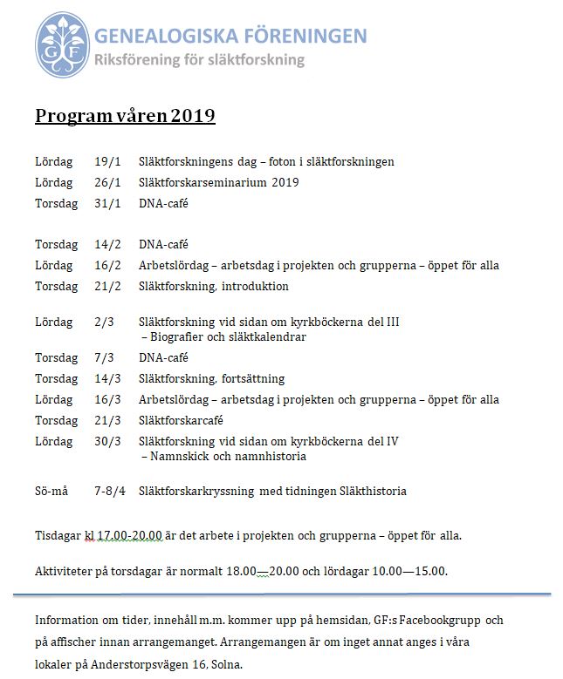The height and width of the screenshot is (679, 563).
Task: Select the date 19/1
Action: [106, 161]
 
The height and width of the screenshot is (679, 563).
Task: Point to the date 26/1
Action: [106, 182]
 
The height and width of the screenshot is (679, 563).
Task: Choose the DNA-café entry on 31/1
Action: [163, 203]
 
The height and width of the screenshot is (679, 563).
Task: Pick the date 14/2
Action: [106, 245]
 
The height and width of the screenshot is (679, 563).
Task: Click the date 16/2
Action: [106, 266]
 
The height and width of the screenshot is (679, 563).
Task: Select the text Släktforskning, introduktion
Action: [213, 286]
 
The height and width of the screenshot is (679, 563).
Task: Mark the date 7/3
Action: [104, 357]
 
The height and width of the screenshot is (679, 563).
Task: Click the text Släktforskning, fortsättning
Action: [211, 378]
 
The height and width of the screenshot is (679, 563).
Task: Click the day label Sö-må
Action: [51, 491]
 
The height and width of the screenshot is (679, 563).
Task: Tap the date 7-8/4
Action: [110, 491]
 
